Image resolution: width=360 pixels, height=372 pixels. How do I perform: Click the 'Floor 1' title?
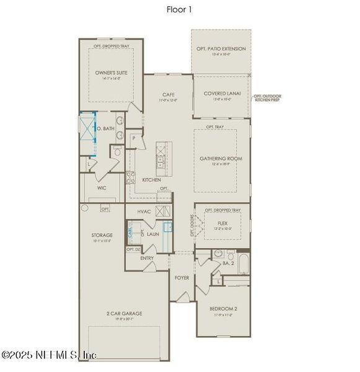point(180,9)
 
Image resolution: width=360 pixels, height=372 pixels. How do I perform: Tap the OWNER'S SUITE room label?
point(110,73)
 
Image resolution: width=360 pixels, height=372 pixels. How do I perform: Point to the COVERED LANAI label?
point(221,94)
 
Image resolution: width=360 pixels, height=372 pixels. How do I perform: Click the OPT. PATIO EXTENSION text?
point(221,48)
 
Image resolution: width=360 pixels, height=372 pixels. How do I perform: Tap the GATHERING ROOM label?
point(221,159)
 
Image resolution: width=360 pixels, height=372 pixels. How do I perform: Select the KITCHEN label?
point(152,180)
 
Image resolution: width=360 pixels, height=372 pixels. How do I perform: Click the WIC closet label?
point(102,187)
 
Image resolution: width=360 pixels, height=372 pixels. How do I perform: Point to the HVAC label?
point(144,212)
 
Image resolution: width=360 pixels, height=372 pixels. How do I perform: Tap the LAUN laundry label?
point(153,234)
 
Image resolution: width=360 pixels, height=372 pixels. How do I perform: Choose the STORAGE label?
point(103,235)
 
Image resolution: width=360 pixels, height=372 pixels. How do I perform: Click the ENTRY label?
point(147,258)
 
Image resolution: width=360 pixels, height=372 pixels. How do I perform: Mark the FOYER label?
point(182,278)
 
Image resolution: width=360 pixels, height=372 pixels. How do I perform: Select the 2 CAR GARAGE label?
point(123,314)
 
